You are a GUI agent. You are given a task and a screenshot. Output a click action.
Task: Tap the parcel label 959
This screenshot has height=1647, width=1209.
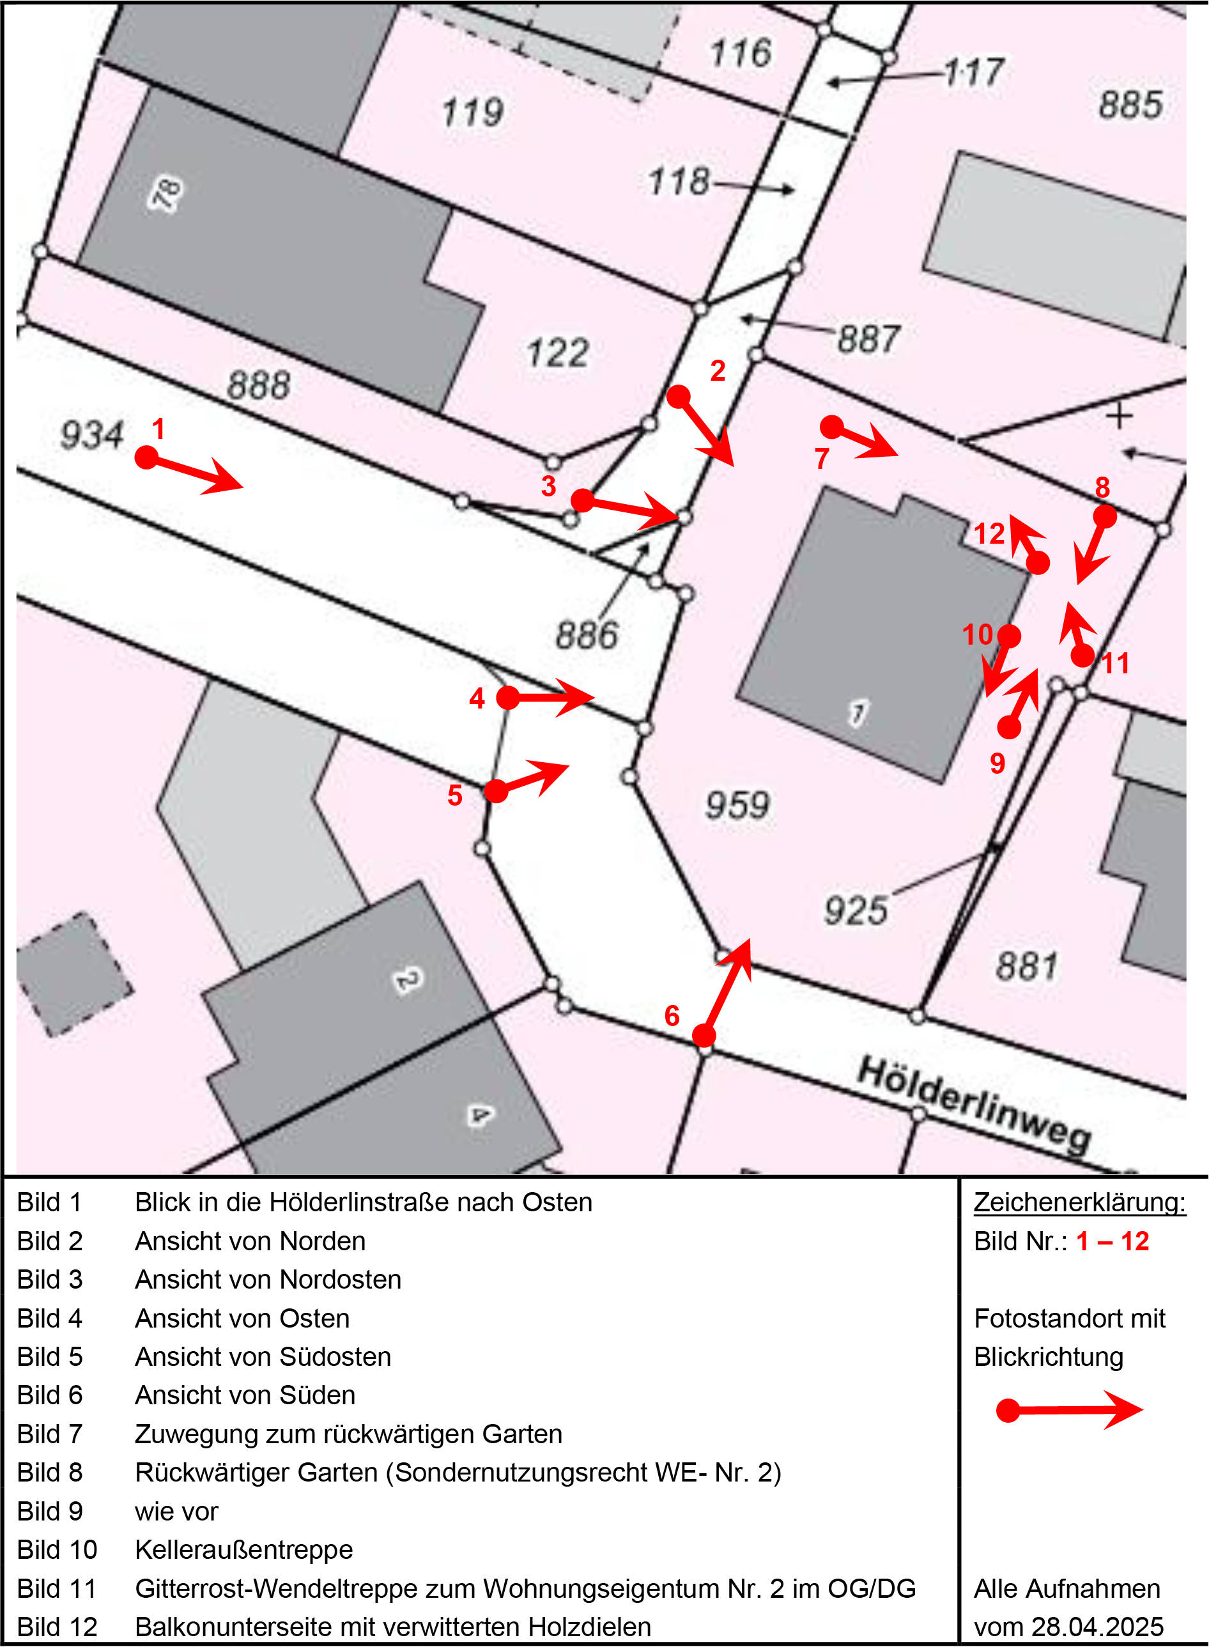click(737, 805)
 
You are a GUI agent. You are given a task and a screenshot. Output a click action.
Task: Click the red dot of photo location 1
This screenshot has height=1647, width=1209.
click(146, 457)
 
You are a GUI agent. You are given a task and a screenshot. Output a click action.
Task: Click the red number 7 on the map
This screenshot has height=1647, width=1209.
click(821, 459)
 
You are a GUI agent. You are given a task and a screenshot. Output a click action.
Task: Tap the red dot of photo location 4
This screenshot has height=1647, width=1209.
click(508, 697)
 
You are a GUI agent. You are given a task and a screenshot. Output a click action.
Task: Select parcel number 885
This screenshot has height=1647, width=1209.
click(1130, 104)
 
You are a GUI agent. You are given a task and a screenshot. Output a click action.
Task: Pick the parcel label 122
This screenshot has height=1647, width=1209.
click(558, 353)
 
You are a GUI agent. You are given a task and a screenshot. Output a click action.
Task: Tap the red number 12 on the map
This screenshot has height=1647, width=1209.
click(989, 533)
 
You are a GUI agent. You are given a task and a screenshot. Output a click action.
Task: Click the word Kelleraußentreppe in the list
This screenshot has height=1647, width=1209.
click(243, 1549)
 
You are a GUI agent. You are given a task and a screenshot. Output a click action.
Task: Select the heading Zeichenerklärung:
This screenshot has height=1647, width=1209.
click(1079, 1202)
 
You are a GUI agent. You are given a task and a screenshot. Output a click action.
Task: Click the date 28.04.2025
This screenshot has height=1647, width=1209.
click(1097, 1627)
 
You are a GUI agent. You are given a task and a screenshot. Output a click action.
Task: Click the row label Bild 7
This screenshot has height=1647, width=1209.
click(50, 1434)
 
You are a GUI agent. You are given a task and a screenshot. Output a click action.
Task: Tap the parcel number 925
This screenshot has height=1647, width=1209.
click(856, 911)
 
